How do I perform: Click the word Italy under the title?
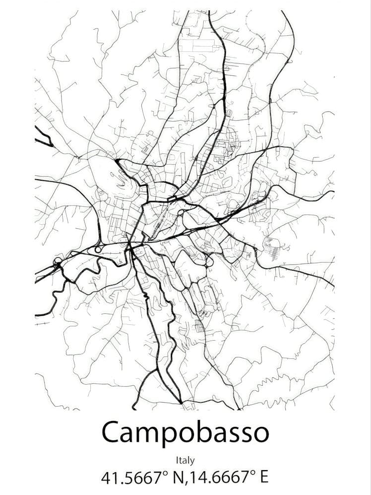(185, 461)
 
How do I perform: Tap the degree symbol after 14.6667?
(253, 473)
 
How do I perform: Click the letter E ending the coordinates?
(263, 478)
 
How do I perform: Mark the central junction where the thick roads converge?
(130, 244)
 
